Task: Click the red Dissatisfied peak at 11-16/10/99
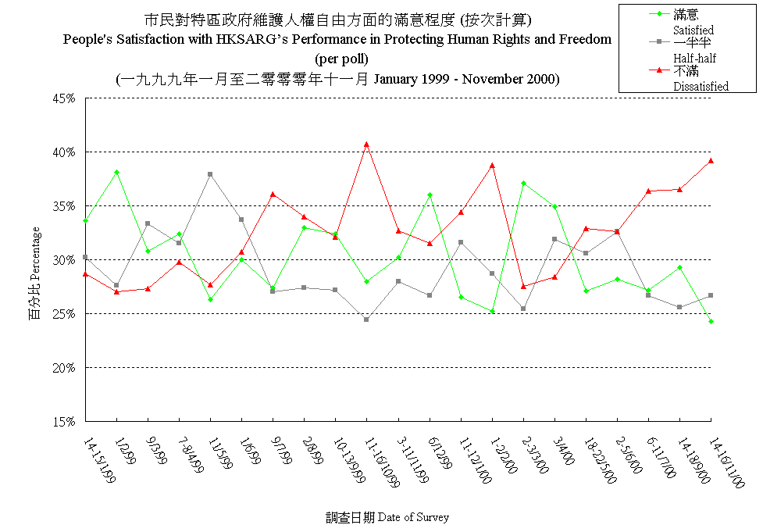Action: tap(366, 145)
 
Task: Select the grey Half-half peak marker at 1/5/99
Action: tap(210, 174)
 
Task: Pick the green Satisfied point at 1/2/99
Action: tap(116, 172)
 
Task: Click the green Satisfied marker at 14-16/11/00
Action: tap(711, 321)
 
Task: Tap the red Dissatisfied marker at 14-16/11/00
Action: tap(711, 161)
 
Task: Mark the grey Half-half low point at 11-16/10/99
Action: tap(366, 320)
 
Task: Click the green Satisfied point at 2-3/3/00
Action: tap(523, 183)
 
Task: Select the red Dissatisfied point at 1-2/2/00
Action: tap(492, 166)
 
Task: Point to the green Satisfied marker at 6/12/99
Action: tap(430, 195)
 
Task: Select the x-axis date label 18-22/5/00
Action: tap(600, 461)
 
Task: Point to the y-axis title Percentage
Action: tap(35, 273)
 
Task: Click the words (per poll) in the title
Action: tap(341, 59)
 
